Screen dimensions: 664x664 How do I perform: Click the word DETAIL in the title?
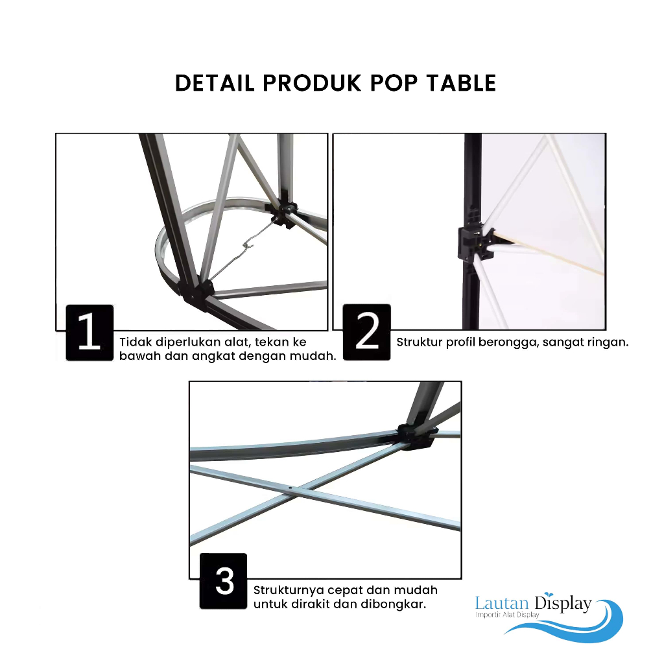[x=215, y=83]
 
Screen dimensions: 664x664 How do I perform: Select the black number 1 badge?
[x=89, y=333]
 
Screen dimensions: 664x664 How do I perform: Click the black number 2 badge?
[x=367, y=332]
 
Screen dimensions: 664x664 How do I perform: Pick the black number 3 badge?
[x=223, y=581]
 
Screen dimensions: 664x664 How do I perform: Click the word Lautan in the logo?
[x=502, y=602]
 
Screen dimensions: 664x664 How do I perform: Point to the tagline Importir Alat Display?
[x=507, y=615]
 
